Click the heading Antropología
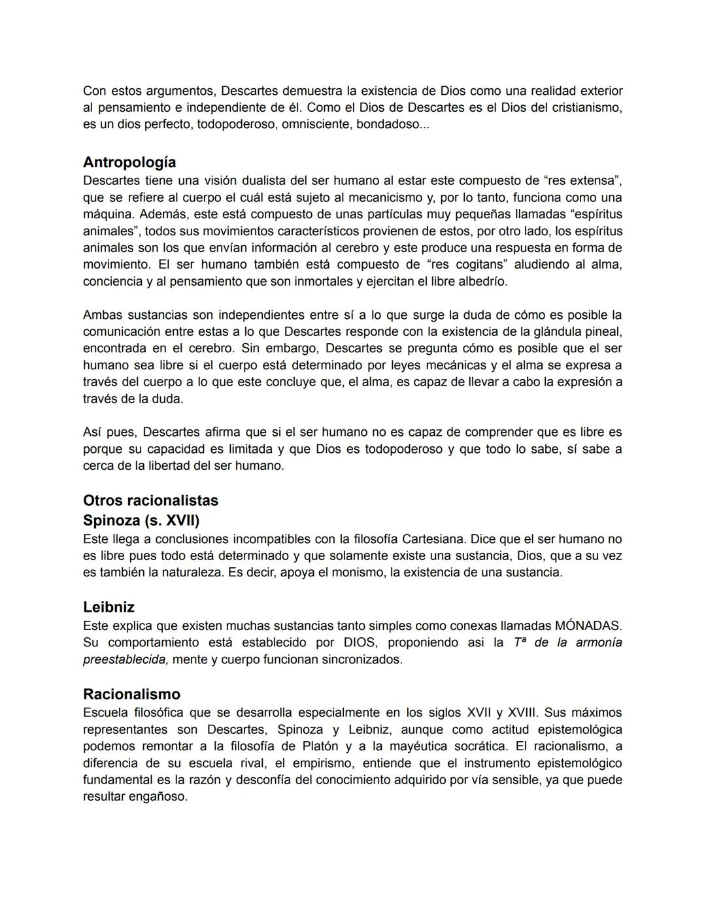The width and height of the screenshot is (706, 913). pos(129,162)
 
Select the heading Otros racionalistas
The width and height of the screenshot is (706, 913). pos(150,501)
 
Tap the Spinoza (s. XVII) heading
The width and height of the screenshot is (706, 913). pos(141,521)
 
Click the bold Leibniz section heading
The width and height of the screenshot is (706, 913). pos(109,607)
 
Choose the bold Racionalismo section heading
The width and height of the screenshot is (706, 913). pos(131,694)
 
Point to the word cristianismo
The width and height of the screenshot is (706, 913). pos(586,107)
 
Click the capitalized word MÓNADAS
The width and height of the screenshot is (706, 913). pos(587,625)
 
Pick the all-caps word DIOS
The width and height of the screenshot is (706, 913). pos(359,642)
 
